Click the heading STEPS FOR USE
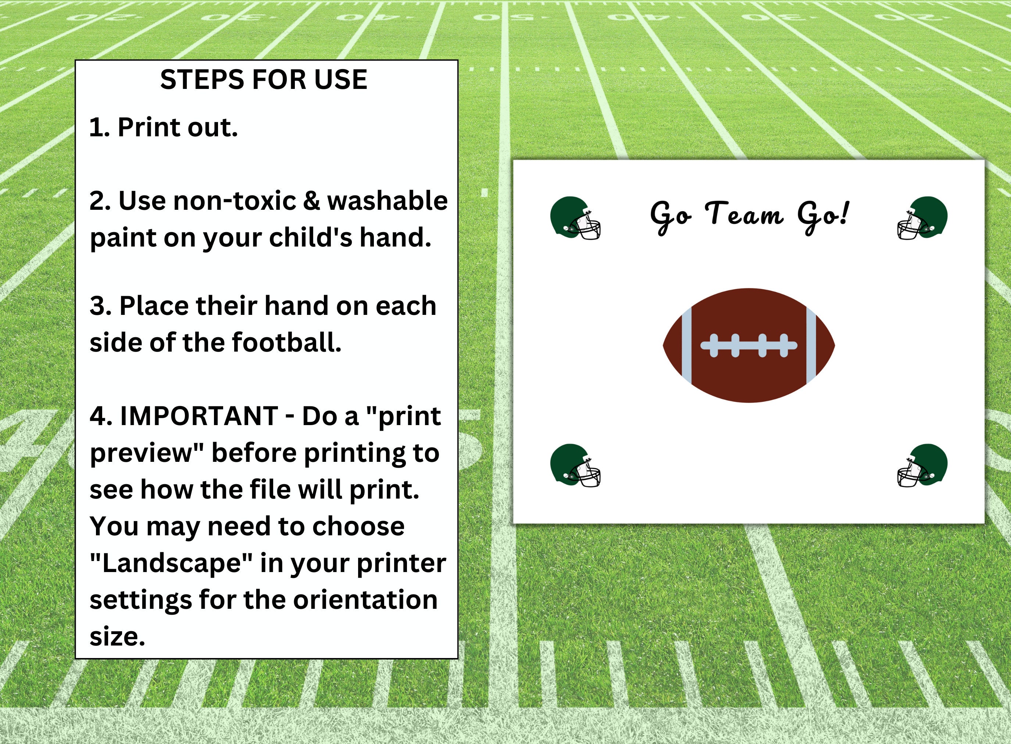tap(264, 80)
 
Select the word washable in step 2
tap(387, 201)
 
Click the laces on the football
tap(749, 345)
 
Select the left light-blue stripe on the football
tap(686, 345)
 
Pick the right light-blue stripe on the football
tap(811, 345)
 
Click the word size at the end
tap(117, 637)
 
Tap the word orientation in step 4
tap(365, 600)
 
